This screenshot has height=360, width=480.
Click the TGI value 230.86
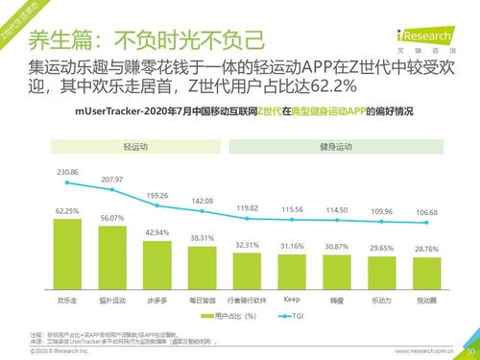click(67, 171)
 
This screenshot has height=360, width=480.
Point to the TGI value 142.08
click(202, 201)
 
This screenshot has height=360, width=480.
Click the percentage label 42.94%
click(156, 233)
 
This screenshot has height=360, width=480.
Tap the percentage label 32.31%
click(247, 245)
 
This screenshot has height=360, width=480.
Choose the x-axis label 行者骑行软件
click(247, 299)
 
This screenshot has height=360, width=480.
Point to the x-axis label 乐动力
click(381, 299)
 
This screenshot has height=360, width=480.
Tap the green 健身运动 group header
click(336, 150)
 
